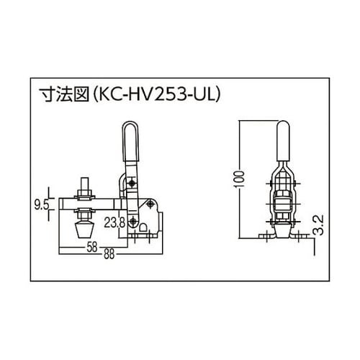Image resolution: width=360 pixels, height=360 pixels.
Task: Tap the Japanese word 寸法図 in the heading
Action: click(x=67, y=94)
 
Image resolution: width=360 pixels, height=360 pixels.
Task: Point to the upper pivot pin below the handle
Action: click(x=131, y=186)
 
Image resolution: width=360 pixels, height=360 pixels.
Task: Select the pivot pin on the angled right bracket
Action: click(x=151, y=204)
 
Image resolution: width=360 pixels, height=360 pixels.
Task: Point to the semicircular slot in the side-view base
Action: click(x=141, y=231)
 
